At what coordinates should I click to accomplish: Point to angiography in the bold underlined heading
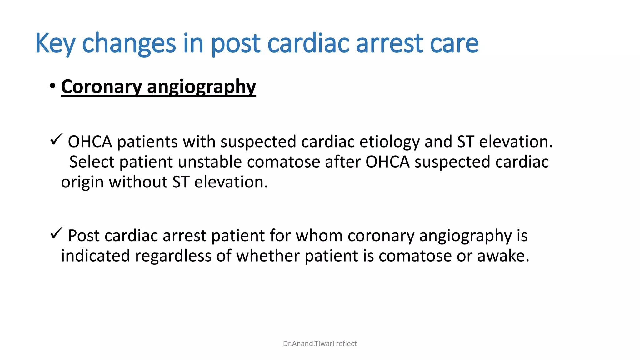(x=201, y=87)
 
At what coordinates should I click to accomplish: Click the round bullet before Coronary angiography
(x=52, y=86)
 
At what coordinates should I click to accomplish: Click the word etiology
(x=389, y=142)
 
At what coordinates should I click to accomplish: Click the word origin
(x=82, y=182)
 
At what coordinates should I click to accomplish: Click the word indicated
(x=95, y=256)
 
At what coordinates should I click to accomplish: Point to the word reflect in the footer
(x=346, y=344)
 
